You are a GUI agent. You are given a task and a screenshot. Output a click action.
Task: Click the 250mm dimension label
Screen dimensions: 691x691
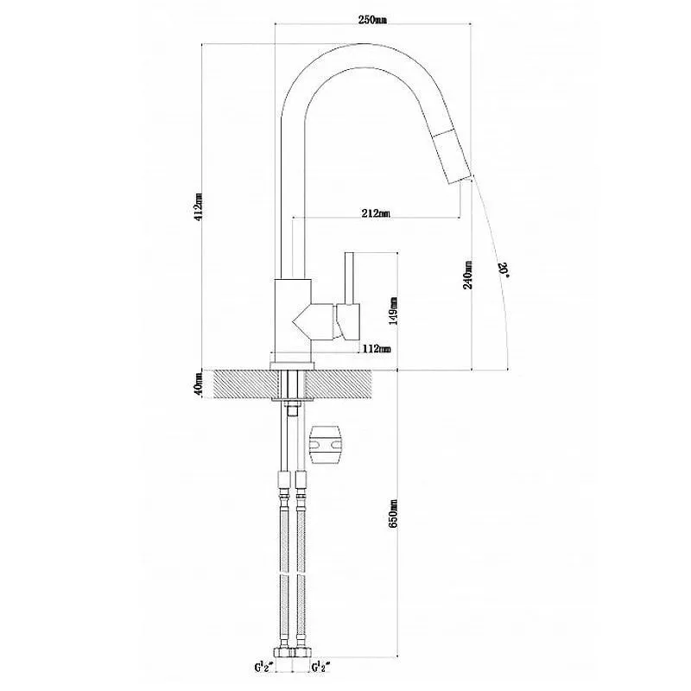[372, 20]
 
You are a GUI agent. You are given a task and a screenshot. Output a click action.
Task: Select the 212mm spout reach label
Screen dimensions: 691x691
[375, 213]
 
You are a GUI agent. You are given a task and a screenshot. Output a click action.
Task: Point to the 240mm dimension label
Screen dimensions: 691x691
[467, 275]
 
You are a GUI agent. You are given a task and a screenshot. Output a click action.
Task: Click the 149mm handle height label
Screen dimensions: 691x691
[393, 311]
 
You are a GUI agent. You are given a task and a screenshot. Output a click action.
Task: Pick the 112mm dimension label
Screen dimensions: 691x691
[377, 349]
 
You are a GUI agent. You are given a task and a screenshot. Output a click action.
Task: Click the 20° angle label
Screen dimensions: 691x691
[504, 269]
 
